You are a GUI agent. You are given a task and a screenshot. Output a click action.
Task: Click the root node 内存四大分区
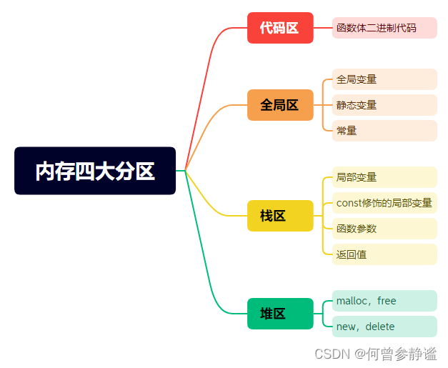(x=95, y=171)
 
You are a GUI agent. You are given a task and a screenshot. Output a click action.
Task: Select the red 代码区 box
(x=280, y=28)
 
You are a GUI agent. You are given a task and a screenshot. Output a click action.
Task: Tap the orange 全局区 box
(x=280, y=105)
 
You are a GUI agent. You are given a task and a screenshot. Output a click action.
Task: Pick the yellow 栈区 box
(x=280, y=216)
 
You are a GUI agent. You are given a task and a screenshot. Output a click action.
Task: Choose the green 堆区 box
(x=280, y=314)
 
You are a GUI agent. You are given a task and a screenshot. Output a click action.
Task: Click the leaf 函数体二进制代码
(x=384, y=28)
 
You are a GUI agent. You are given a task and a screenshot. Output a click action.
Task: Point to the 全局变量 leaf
(x=384, y=79)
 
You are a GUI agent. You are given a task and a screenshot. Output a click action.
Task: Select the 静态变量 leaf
(x=384, y=105)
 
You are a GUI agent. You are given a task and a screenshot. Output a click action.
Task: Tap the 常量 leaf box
(x=384, y=131)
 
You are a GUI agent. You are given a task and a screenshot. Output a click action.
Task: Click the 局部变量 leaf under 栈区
(x=384, y=177)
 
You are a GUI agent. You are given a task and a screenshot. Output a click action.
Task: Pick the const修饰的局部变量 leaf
(x=384, y=203)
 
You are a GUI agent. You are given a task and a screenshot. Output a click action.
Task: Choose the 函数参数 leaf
(x=384, y=229)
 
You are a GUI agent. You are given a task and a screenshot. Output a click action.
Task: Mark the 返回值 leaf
(x=384, y=254)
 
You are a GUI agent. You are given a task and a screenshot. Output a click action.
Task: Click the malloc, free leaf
(x=384, y=301)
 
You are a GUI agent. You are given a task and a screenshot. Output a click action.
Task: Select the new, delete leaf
(x=384, y=327)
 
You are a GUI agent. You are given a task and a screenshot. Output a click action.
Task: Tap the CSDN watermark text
(x=375, y=354)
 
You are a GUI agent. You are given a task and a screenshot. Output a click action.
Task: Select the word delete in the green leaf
(x=380, y=327)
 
